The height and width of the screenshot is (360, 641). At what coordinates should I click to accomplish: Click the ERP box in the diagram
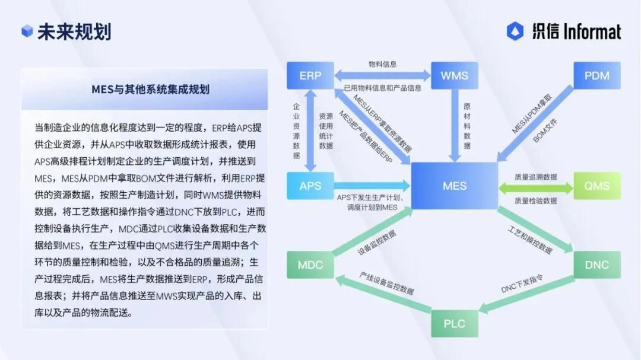[x=310, y=75]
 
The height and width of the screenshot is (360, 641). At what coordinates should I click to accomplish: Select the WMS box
[x=454, y=75]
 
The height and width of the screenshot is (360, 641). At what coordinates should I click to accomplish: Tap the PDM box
[x=596, y=75]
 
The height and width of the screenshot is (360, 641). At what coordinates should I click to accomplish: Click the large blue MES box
[x=455, y=186]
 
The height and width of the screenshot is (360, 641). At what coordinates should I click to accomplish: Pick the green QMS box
[x=596, y=186]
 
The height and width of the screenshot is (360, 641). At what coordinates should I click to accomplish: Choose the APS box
[x=310, y=186]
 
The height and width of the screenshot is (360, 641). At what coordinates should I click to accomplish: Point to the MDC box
[x=310, y=265]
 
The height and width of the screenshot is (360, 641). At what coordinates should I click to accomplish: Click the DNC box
[x=596, y=265]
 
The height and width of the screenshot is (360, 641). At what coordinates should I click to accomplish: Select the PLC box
[x=455, y=323]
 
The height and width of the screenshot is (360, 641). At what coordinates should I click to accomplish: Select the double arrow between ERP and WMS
[x=382, y=75]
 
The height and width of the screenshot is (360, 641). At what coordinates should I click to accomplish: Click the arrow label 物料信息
[x=382, y=63]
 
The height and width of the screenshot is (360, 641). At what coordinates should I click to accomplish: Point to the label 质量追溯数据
[x=535, y=177]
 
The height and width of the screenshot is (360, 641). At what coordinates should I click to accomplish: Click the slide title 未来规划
[x=74, y=31]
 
